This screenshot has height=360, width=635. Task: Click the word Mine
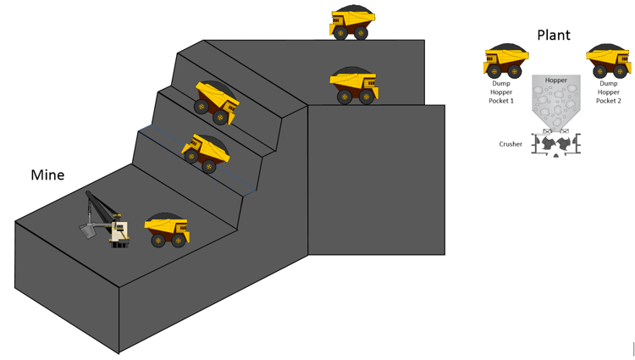(x=47, y=175)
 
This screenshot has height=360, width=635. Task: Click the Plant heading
(x=554, y=35)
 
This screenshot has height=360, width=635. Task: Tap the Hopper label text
(x=556, y=80)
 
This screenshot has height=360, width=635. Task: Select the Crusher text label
(x=511, y=144)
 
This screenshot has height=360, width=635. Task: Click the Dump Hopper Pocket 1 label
(x=501, y=92)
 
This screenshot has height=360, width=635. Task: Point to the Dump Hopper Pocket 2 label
(x=608, y=92)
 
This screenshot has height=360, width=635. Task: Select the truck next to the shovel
(x=167, y=230)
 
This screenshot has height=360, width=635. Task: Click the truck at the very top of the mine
(x=351, y=23)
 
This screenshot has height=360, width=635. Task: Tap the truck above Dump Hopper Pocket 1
(x=505, y=61)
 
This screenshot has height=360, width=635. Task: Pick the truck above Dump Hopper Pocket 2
(x=609, y=61)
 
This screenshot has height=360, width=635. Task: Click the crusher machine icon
(x=556, y=144)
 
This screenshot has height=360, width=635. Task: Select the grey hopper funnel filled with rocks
(x=556, y=106)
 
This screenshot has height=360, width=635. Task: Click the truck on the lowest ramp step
(x=205, y=152)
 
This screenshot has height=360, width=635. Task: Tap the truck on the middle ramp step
(x=216, y=103)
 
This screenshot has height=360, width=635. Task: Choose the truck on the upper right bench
(x=354, y=86)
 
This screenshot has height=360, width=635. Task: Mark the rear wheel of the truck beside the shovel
(x=157, y=241)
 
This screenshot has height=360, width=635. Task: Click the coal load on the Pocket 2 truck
(x=608, y=49)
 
